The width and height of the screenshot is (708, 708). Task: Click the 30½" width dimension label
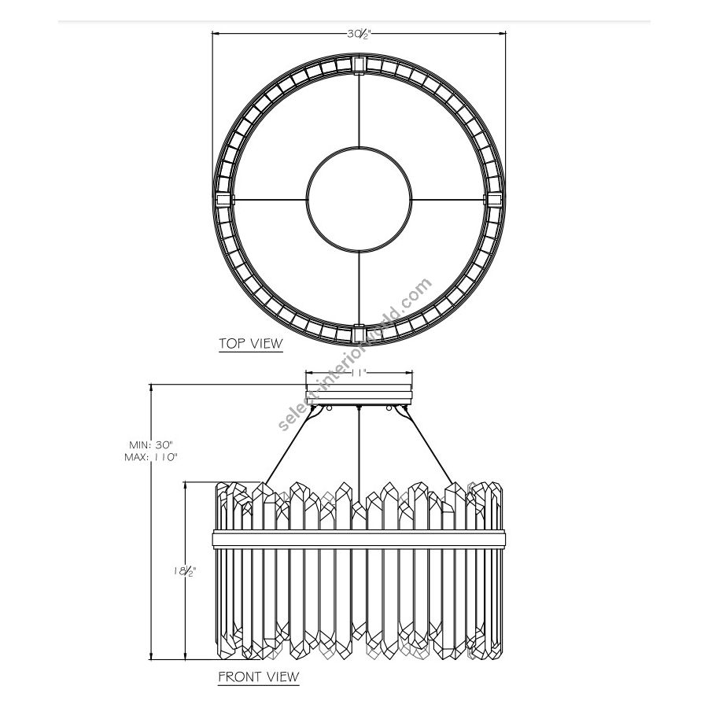click(x=359, y=35)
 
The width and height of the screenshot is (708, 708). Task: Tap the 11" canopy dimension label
click(x=359, y=373)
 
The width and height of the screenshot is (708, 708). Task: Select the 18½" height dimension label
click(x=185, y=571)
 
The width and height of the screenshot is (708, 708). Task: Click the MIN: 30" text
click(x=151, y=444)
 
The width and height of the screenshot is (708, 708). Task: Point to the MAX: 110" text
click(x=151, y=457)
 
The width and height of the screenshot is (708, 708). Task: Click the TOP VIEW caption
click(x=251, y=344)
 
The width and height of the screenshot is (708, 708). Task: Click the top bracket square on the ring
click(x=359, y=65)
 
